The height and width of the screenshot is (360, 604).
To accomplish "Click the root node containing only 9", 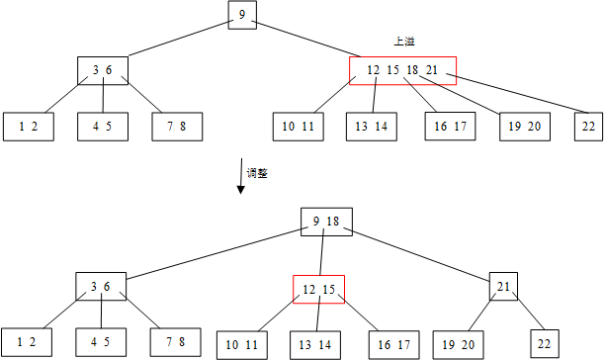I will pyautogui.click(x=242, y=14).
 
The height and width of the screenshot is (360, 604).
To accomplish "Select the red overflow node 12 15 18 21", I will pyautogui.click(x=401, y=70).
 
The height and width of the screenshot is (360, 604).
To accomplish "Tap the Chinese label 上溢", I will pyautogui.click(x=402, y=42).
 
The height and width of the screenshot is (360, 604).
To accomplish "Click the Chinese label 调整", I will pyautogui.click(x=257, y=172).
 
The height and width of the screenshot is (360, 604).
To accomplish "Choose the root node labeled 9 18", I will pyautogui.click(x=326, y=222).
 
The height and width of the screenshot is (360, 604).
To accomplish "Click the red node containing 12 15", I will pyautogui.click(x=317, y=289).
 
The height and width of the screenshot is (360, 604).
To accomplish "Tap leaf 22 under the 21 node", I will pyautogui.click(x=543, y=343).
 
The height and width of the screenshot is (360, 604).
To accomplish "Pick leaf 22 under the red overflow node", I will pyautogui.click(x=589, y=126).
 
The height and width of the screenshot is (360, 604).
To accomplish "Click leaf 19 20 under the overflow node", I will pyautogui.click(x=523, y=126).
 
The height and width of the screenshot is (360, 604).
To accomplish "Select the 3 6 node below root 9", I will pyautogui.click(x=103, y=70).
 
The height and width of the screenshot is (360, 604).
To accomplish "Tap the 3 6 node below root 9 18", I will pyautogui.click(x=101, y=287).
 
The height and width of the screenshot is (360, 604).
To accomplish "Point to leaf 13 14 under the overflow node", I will pyautogui.click(x=371, y=126).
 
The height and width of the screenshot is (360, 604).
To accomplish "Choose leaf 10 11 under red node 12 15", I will pyautogui.click(x=242, y=343).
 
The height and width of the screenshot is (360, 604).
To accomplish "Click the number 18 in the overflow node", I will pyautogui.click(x=413, y=70).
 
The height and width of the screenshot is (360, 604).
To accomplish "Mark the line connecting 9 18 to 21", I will pyautogui.click(x=422, y=254).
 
